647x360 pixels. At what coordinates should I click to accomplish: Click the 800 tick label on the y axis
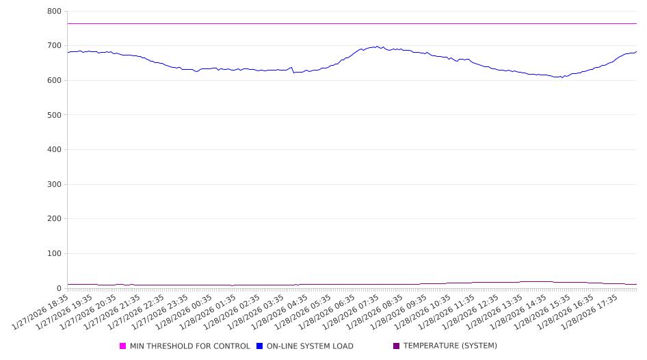[x=54, y=12]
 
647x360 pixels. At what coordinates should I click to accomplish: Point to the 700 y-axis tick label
[x=54, y=46]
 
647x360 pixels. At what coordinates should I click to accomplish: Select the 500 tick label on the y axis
[x=54, y=115]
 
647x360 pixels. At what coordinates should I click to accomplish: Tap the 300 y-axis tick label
[x=54, y=184]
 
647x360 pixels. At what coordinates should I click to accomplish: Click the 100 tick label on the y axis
[x=54, y=254]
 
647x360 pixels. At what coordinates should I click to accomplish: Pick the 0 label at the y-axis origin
[x=60, y=288]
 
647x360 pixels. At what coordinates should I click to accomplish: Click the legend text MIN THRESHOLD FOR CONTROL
[x=189, y=346]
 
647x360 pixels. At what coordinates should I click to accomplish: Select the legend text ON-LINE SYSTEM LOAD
[x=310, y=346]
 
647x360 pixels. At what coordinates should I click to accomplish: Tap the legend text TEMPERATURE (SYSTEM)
[x=450, y=346]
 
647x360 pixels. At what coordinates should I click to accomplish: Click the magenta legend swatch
[x=123, y=346]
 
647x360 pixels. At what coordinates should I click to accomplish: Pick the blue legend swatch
[x=260, y=346]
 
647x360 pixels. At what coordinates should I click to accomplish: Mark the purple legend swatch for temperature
[x=397, y=346]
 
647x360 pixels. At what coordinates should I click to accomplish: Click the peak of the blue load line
[x=377, y=47]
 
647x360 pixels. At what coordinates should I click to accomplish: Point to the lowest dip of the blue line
[x=562, y=77]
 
